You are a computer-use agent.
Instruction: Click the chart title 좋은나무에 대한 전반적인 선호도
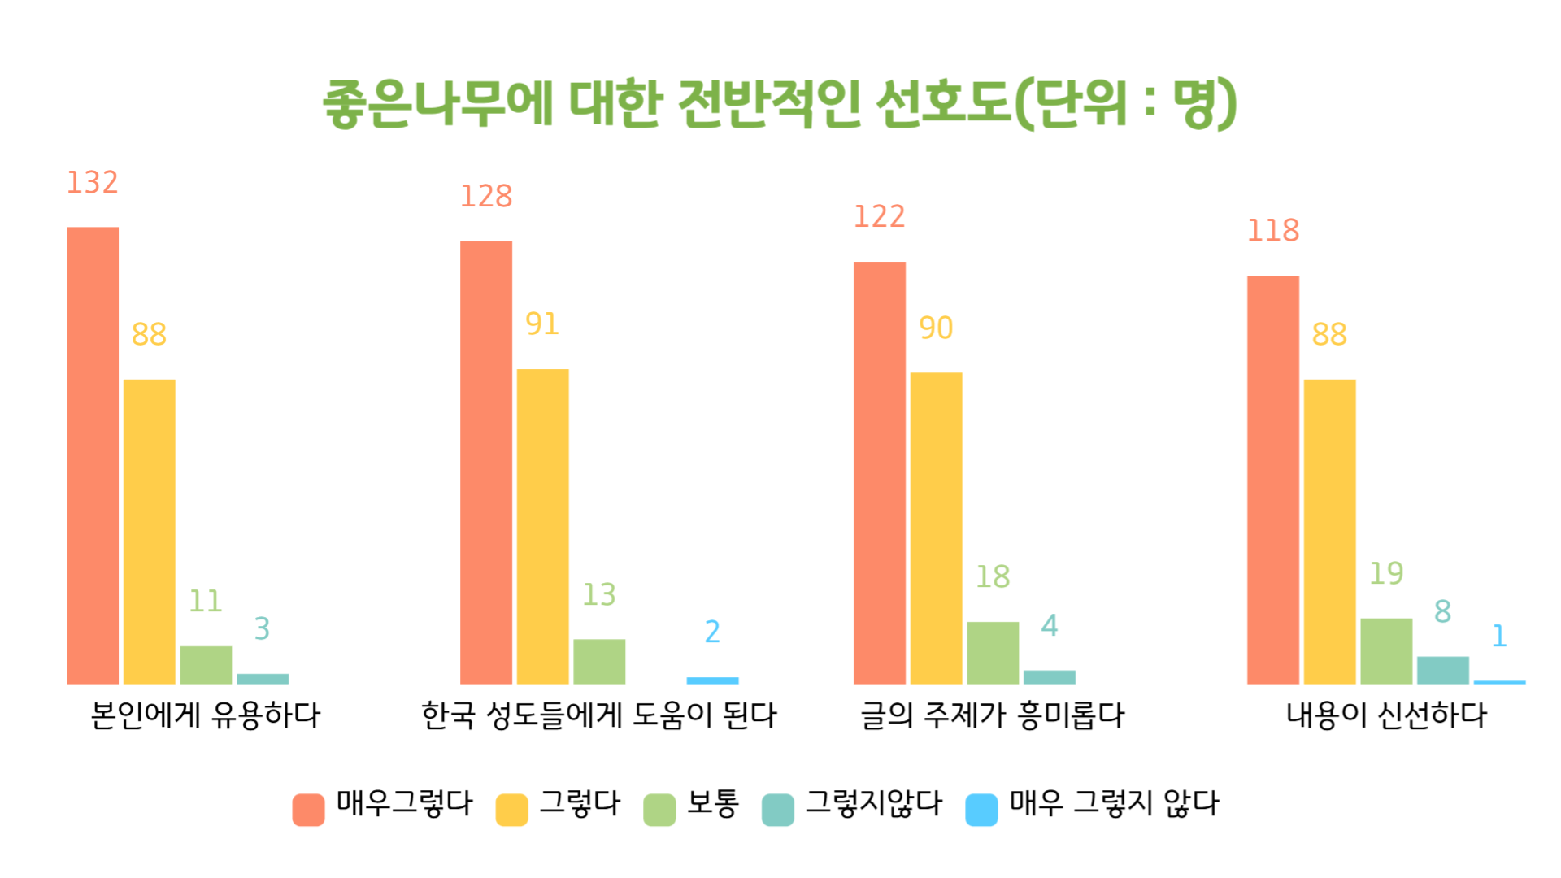click(x=779, y=104)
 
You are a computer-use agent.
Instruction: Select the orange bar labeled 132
click(x=93, y=455)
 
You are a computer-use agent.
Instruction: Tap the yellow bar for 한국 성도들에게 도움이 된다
click(x=542, y=526)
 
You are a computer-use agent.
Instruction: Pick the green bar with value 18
click(x=993, y=653)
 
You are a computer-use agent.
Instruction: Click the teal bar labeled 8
click(x=1442, y=670)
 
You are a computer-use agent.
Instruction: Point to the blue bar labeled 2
click(x=712, y=680)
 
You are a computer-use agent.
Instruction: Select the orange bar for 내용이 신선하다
click(x=1272, y=480)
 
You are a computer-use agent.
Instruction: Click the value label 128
click(x=486, y=197)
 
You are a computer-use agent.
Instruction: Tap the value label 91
click(x=542, y=324)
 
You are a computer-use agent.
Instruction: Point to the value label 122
click(x=879, y=217)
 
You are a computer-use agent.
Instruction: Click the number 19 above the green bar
click(x=1386, y=574)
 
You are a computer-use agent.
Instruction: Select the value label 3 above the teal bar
click(x=262, y=629)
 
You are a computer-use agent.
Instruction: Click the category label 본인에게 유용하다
click(x=206, y=716)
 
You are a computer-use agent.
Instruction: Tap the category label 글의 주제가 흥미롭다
click(x=993, y=716)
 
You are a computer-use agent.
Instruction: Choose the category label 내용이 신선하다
click(x=1386, y=716)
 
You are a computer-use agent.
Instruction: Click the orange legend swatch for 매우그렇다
click(x=308, y=810)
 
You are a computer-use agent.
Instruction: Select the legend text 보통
click(x=713, y=803)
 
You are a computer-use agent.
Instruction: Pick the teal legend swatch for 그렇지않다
click(x=777, y=810)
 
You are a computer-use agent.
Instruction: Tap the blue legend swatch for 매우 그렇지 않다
click(x=981, y=810)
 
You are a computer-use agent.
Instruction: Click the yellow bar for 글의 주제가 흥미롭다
click(x=936, y=528)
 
